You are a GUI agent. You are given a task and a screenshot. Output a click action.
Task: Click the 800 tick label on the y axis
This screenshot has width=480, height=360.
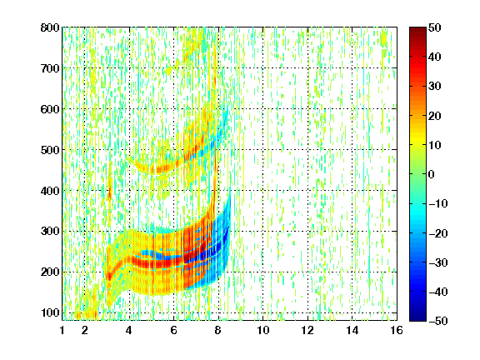[50, 27]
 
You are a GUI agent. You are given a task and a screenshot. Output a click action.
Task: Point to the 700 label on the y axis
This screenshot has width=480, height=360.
[50, 68]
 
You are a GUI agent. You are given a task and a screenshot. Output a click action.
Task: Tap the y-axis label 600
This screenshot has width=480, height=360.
[50, 109]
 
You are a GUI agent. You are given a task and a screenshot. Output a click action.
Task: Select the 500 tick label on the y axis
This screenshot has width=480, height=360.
[50, 150]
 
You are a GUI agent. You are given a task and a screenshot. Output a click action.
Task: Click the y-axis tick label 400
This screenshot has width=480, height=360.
[50, 191]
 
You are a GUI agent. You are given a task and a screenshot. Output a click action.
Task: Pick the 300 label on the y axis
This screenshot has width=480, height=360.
[50, 231]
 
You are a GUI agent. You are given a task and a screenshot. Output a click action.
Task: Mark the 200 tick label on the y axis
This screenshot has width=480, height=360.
[50, 272]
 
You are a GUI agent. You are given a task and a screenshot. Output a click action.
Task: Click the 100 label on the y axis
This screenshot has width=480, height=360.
[50, 312]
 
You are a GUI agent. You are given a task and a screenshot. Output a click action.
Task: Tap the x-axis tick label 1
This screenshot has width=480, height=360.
[62, 330]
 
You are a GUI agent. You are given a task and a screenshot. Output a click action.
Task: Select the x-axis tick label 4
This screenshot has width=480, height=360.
[129, 330]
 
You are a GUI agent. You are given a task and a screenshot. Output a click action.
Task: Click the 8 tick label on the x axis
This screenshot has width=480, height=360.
[218, 330]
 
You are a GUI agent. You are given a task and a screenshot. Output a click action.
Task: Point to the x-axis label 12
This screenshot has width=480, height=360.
[307, 330]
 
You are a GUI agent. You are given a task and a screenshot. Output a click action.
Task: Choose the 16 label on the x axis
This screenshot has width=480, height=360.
[397, 330]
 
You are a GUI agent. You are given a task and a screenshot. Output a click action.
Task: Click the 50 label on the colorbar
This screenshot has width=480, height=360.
[435, 27]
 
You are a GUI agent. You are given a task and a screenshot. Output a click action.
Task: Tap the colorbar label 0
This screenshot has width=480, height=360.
[432, 174]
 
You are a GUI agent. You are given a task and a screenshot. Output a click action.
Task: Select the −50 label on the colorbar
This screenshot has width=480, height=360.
[438, 321]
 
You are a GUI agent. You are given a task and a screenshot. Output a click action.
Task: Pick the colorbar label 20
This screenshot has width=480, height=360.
[435, 116]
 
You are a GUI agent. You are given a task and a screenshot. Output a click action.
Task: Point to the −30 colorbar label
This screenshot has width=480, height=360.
[438, 262]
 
